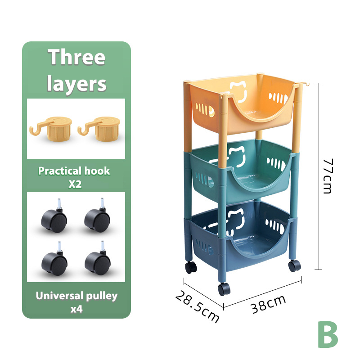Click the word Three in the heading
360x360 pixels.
pos(76,57)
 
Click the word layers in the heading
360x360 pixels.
pos(76,83)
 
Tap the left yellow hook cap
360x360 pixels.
pos(51,129)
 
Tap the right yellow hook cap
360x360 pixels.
pos(99,129)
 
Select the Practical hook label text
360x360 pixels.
pos(74,171)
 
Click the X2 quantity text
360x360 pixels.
pos(75,184)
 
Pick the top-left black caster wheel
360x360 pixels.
pos(54,216)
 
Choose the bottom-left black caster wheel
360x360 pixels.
pos(54,258)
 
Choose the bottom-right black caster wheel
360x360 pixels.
pos(98,258)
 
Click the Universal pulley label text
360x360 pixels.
pos(76,296)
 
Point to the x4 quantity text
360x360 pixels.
pos(76,309)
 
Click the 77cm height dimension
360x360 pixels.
pos(328,176)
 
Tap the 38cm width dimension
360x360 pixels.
pos(268,304)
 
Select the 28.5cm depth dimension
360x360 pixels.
pos(197,307)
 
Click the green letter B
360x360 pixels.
pos(328,334)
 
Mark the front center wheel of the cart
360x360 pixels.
pos(224,289)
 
